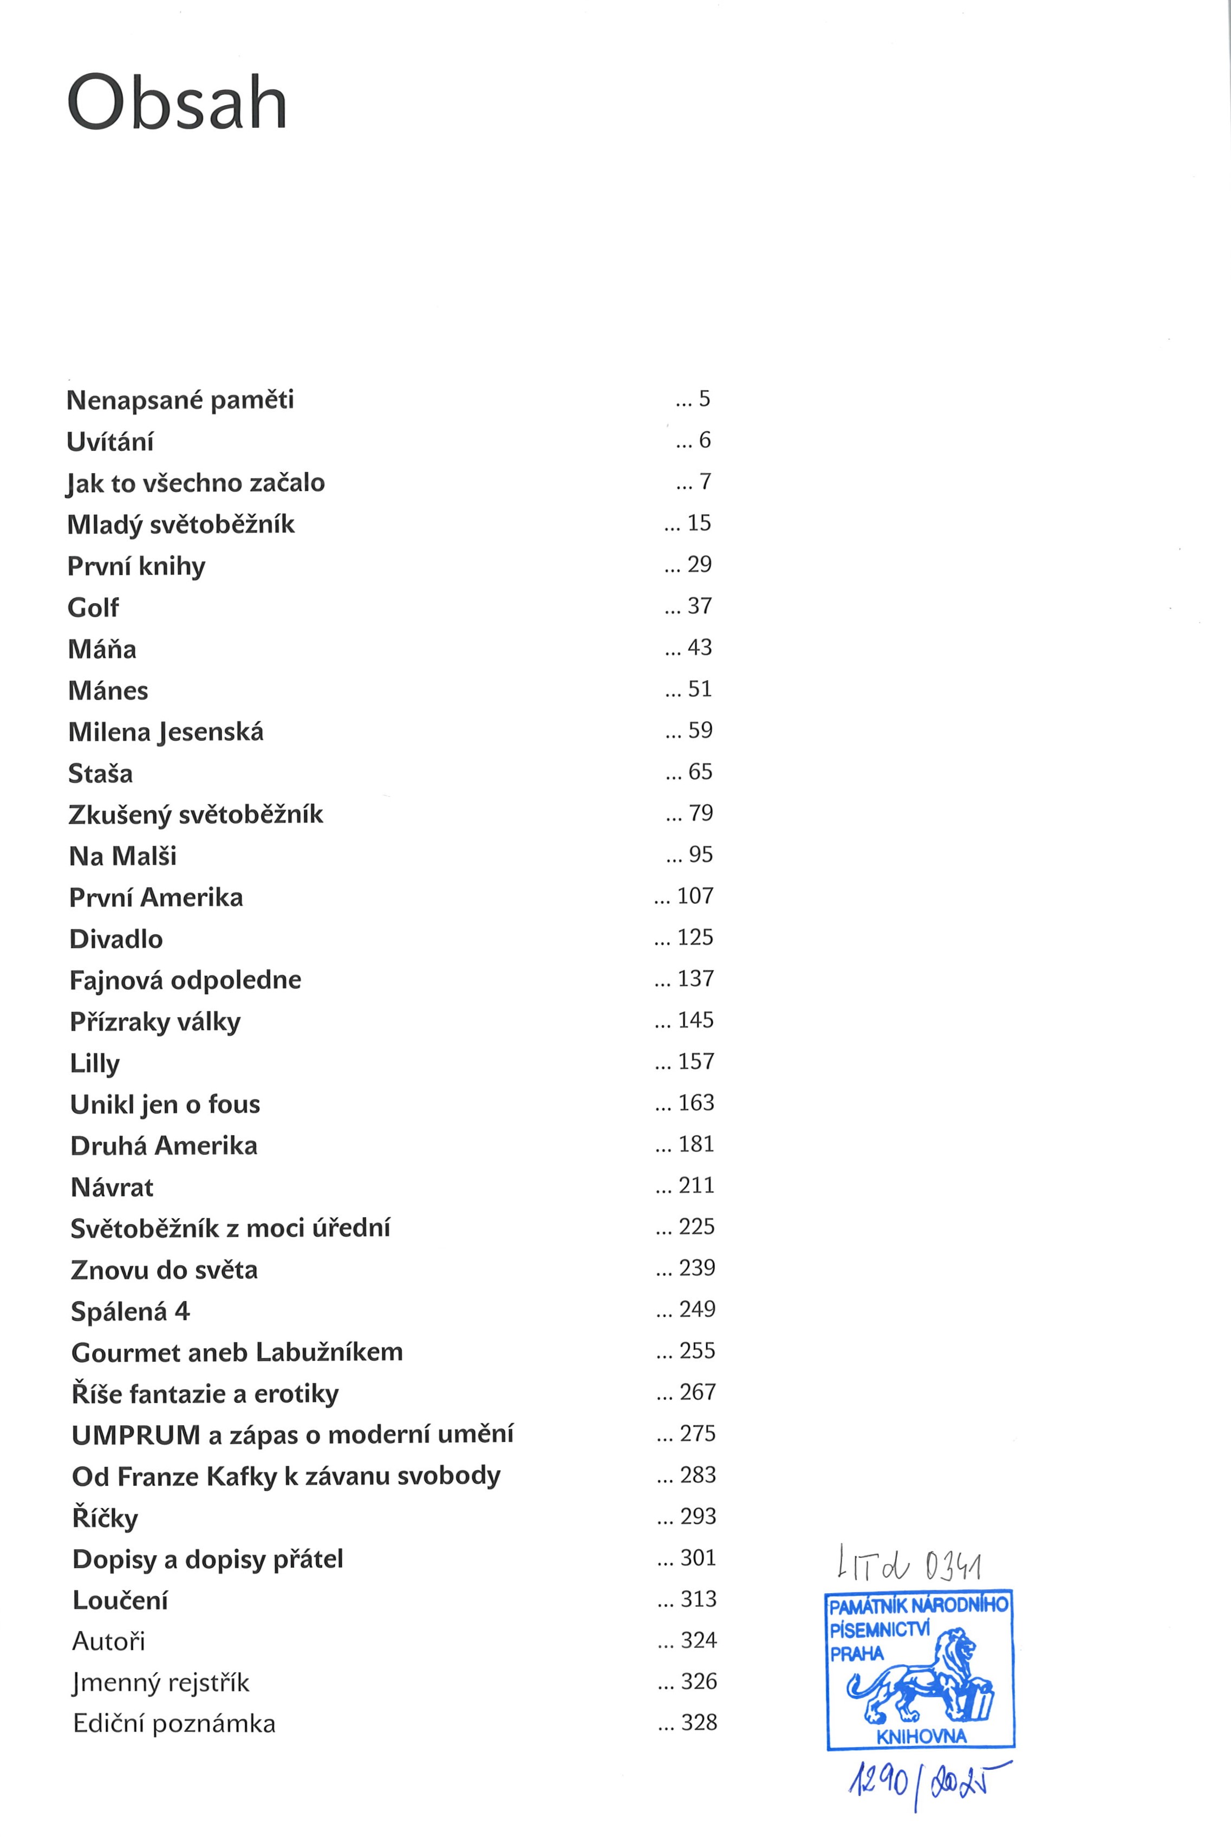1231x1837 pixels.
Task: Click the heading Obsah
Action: tap(178, 103)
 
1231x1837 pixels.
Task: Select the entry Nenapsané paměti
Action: tap(180, 400)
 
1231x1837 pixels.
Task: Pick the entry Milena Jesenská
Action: tap(166, 732)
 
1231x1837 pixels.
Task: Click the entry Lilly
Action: tap(94, 1063)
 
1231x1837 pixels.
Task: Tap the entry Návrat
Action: tap(112, 1187)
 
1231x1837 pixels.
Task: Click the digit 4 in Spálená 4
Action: tap(182, 1311)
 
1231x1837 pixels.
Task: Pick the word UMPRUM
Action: tap(136, 1435)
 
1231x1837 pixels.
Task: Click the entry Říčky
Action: tap(105, 1518)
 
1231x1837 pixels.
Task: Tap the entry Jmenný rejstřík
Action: tap(160, 1683)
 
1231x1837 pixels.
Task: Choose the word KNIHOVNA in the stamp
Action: tap(921, 1736)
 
